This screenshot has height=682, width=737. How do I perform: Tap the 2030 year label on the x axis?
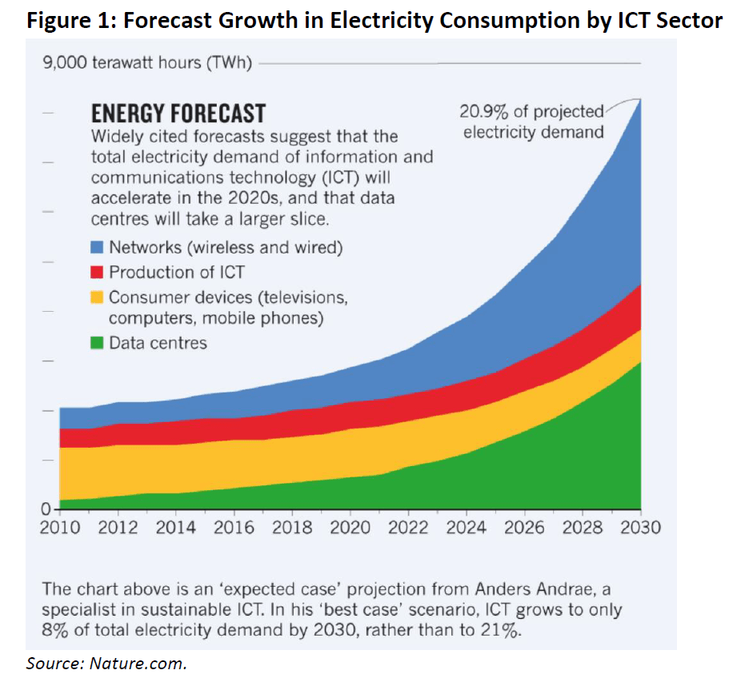pos(640,527)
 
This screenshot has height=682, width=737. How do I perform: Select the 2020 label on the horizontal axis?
pos(350,527)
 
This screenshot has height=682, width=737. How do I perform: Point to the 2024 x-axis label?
pos(467,527)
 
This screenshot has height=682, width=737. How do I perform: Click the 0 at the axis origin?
pos(46,509)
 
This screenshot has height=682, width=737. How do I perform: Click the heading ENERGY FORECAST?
pos(178,113)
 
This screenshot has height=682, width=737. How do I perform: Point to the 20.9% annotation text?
pos(485,112)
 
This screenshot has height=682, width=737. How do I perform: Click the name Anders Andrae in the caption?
pos(536,589)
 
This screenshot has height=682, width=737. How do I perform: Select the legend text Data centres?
pos(158,344)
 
